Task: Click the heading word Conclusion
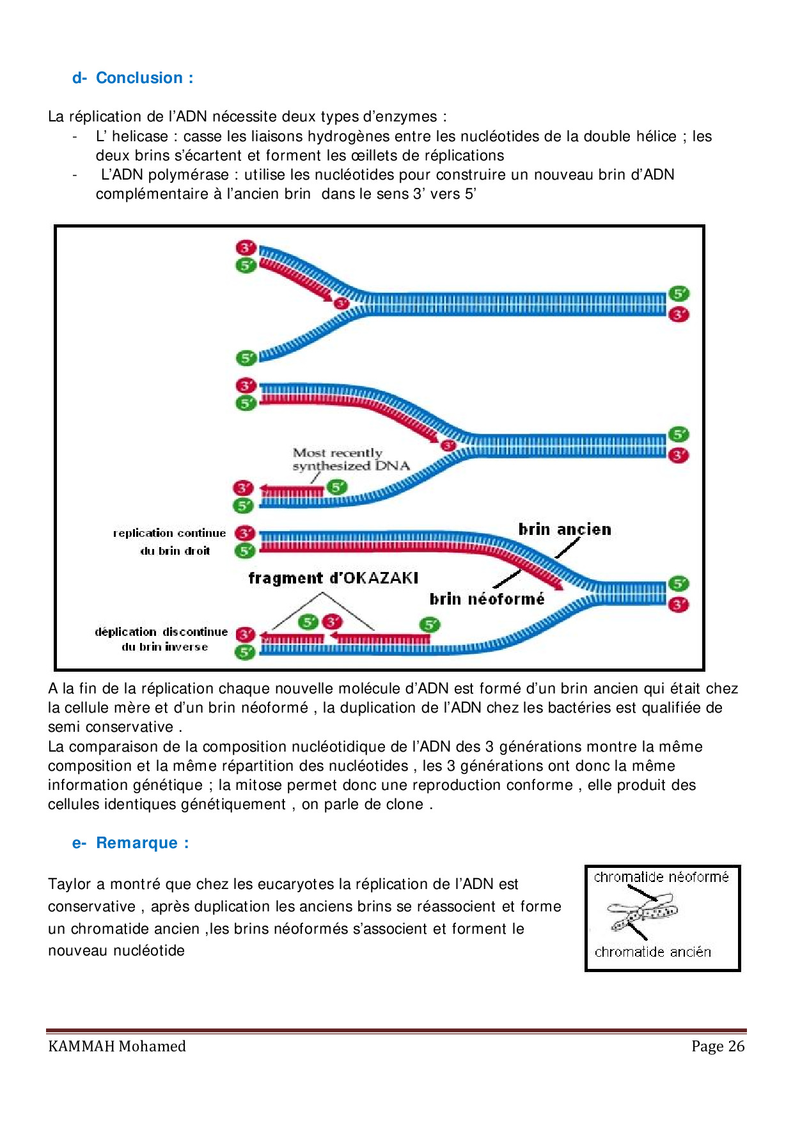click(x=139, y=78)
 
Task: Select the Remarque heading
click(x=136, y=843)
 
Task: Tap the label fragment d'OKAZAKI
click(x=333, y=578)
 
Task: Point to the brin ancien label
click(x=565, y=530)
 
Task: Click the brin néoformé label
click(x=487, y=599)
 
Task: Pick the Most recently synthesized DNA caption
click(x=350, y=460)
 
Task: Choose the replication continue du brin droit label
click(x=170, y=541)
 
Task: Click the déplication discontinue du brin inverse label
click(x=162, y=639)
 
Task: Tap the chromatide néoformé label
click(x=661, y=877)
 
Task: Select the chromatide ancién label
click(x=653, y=952)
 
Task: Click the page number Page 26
click(x=718, y=1046)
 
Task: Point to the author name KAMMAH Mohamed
click(x=117, y=1046)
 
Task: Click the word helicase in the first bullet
click(x=139, y=136)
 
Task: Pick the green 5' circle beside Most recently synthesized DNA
click(x=337, y=488)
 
